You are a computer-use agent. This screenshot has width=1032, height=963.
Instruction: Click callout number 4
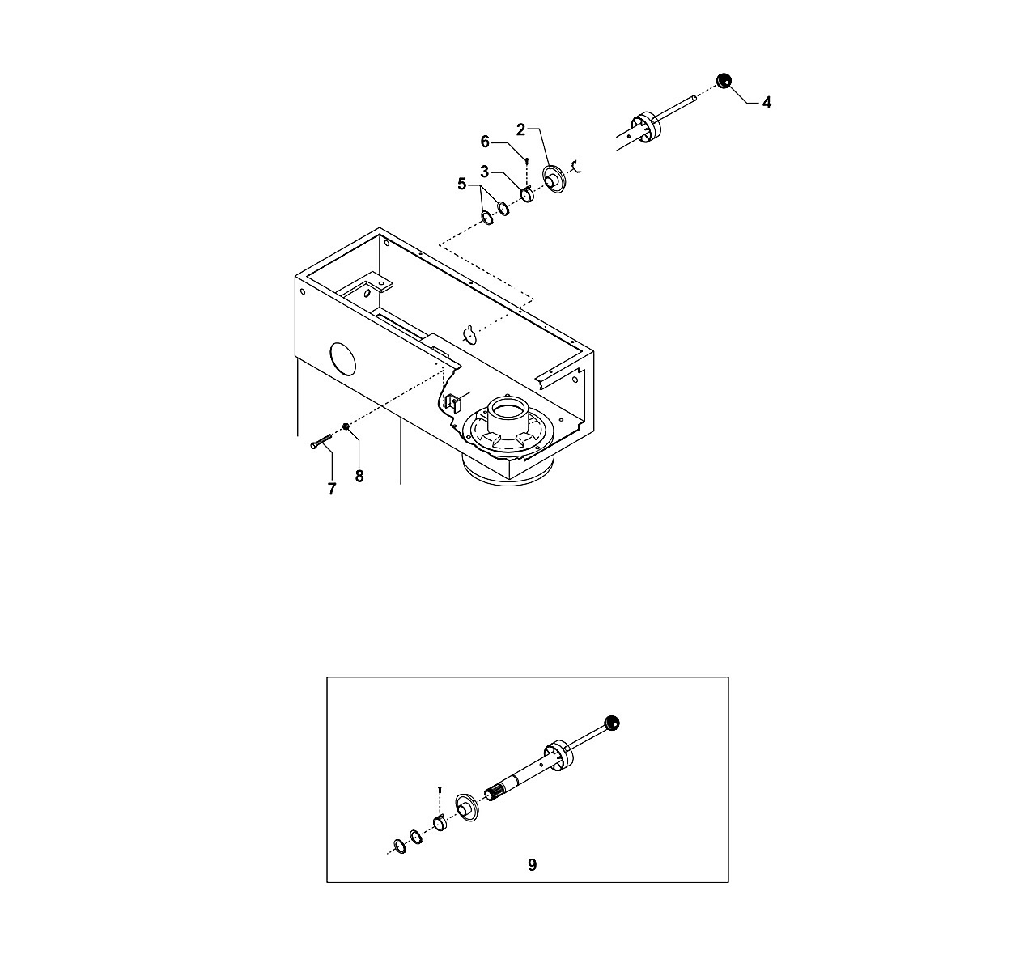point(767,103)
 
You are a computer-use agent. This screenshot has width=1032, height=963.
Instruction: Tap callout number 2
point(520,129)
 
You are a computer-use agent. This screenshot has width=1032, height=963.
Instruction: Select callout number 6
point(485,142)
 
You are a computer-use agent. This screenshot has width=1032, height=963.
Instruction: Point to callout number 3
point(484,172)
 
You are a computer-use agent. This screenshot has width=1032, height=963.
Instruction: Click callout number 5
point(462,184)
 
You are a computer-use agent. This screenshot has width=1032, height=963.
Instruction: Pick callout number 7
point(332,489)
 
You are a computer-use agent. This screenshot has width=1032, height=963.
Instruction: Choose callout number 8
point(359,476)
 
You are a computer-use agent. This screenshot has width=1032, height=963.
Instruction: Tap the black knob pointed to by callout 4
point(724,81)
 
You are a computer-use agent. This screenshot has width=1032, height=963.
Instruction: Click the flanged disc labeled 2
point(554,180)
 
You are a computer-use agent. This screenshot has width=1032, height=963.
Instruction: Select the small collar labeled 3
point(527,195)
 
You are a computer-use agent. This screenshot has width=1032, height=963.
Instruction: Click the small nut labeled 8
point(346,426)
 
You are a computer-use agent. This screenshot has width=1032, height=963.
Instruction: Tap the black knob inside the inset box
point(612,723)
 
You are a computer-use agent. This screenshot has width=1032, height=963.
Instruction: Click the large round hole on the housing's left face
point(343,358)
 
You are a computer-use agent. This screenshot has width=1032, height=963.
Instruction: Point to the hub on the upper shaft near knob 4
point(645,128)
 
